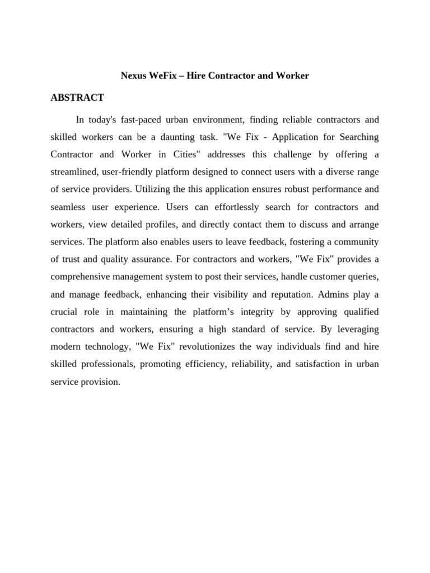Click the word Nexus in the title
point(133,76)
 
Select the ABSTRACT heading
point(77,98)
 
